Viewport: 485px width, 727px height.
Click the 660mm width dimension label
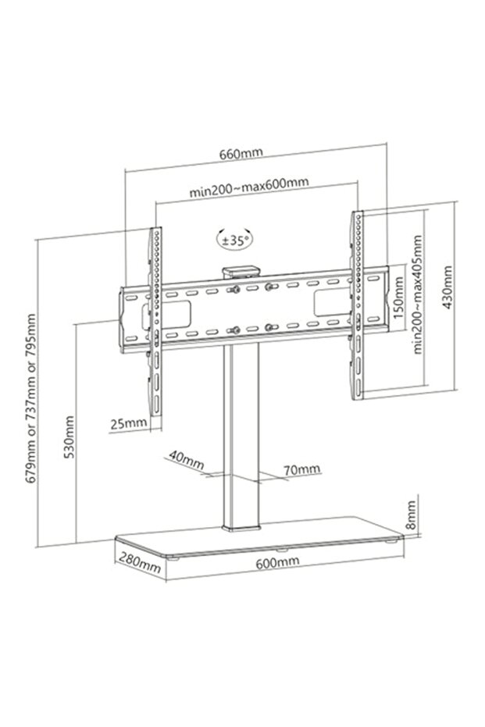pos(241,153)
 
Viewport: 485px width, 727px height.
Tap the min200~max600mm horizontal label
pos(248,187)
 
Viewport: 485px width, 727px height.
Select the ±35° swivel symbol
pos(235,239)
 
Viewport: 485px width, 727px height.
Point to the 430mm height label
pos(447,287)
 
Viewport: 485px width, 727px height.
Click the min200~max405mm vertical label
pos(418,295)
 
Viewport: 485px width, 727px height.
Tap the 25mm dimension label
pos(128,423)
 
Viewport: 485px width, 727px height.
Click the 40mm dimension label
pos(185,459)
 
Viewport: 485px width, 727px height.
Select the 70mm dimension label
pos(301,469)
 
